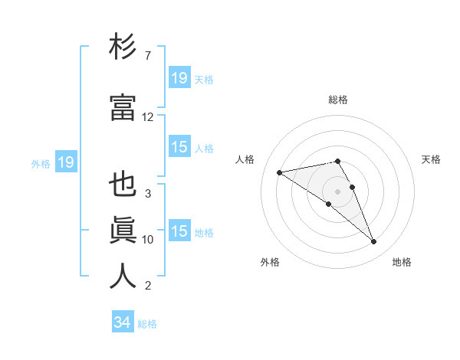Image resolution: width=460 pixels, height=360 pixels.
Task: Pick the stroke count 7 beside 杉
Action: coord(148,57)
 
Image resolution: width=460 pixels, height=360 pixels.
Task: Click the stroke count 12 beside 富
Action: coord(148,117)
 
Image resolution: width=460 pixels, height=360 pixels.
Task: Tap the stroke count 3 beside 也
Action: coord(148,193)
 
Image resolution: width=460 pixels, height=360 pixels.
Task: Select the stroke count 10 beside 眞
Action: coord(148,240)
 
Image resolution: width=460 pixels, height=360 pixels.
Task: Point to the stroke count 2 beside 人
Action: coord(148,286)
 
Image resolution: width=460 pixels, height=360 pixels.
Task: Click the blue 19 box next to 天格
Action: coord(179,78)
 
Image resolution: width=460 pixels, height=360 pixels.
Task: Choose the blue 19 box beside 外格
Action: coord(65,162)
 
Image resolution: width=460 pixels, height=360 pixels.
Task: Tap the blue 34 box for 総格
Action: coord(122,323)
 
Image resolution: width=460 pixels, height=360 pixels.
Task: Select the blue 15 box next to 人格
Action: coord(179,148)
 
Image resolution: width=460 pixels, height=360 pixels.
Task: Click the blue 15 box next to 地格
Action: coord(179,231)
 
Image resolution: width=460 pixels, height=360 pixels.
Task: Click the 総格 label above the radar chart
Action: coord(338,100)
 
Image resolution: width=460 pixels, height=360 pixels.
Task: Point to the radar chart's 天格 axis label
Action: coord(432,159)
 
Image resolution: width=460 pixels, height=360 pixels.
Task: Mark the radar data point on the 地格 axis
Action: coord(374,242)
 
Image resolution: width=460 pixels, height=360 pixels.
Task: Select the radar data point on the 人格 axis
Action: coord(280,172)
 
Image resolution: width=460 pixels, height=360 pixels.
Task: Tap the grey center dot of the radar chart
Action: coord(338,191)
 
